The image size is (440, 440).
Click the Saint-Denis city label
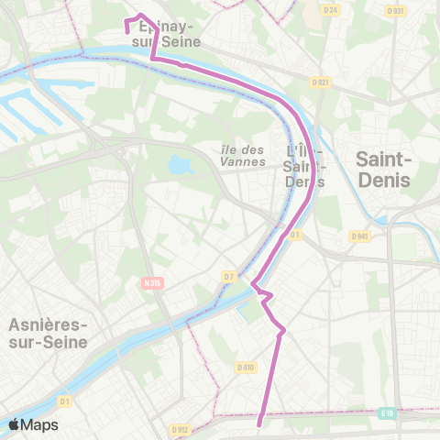tap(383, 170)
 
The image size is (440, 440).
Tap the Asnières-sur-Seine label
tap(48, 334)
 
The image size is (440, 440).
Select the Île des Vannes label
tap(243, 156)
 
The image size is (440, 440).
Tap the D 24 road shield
tap(330, 10)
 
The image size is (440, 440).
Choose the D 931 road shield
tap(394, 10)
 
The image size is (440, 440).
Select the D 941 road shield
tap(359, 236)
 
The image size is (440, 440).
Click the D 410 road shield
tap(245, 367)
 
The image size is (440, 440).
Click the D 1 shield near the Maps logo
tap(65, 401)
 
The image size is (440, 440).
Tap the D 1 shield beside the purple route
tap(295, 235)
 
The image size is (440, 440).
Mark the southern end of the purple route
tap(260, 423)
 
